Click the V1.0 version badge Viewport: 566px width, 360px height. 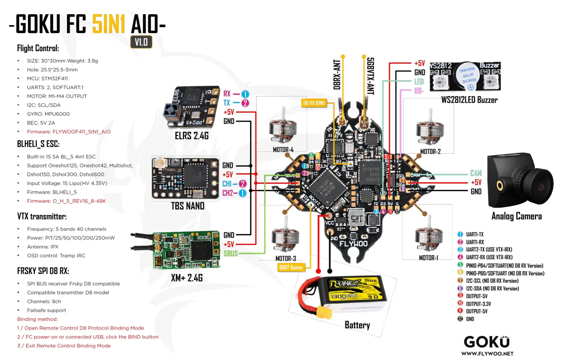141,42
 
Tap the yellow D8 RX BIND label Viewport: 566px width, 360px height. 313,103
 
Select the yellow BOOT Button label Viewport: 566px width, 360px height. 291,267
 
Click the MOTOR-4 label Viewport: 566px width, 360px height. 283,149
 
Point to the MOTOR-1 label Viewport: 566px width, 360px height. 428,258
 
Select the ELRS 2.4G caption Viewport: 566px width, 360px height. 192,136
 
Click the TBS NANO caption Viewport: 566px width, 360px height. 188,206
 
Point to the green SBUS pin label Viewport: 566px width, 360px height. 231,253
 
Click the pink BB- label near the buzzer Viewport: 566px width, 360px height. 419,91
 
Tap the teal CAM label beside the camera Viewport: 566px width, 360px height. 476,173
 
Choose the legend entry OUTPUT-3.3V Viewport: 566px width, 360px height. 478,304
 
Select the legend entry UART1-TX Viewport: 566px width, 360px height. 475,234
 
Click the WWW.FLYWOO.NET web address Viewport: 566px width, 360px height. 487,353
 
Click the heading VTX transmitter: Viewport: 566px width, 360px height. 42,216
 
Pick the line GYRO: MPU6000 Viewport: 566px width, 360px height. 48,114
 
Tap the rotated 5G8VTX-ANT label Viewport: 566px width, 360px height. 370,76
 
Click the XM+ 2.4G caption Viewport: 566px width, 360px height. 187,278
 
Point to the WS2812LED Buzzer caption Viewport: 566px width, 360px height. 469,100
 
